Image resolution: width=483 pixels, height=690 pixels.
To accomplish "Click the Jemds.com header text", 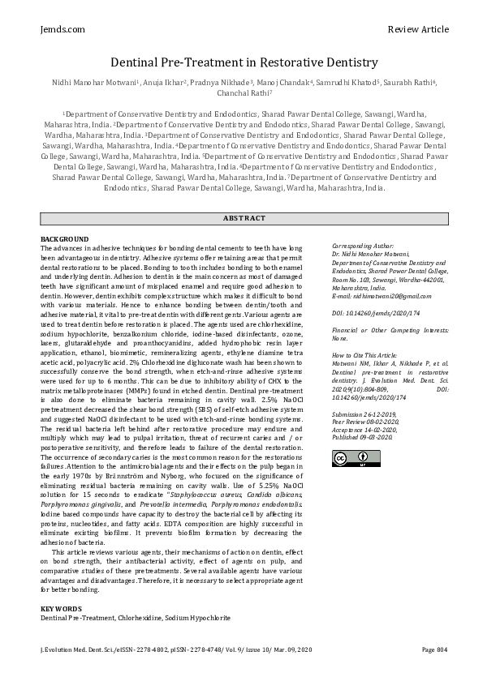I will point(62,29).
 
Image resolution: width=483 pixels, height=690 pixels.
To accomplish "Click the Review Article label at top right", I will point(418,29).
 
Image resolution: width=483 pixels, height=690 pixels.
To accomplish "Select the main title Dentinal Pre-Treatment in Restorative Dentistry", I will point(241,62).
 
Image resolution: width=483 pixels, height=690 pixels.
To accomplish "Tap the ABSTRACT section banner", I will point(244,218).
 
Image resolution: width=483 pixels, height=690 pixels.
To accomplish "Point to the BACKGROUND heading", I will point(64,238).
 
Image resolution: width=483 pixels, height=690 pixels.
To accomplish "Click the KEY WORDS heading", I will point(61,608).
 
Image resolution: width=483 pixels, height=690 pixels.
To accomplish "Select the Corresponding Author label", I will point(362,246).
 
